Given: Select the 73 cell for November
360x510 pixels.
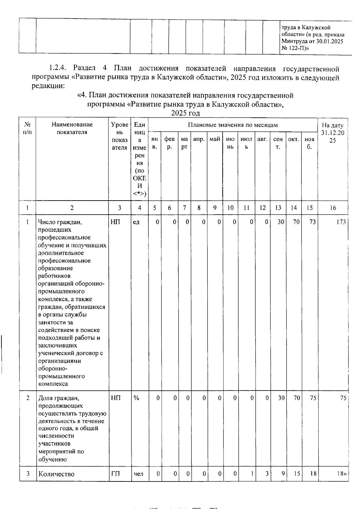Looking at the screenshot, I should tap(312, 222).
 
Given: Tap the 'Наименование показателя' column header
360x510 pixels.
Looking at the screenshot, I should tap(72, 128).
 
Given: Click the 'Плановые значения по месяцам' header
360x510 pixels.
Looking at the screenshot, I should tap(233, 125).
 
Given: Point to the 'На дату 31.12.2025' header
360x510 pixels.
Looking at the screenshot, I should tap(333, 133).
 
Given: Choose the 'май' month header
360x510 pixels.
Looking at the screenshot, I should tap(215, 139).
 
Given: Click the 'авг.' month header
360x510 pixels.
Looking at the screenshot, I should tap(262, 139).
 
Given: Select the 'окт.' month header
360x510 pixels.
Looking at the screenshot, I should tap(293, 139).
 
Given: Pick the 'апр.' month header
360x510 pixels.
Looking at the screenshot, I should tap(199, 139).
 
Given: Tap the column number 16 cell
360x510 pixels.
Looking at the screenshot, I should tap(333, 208).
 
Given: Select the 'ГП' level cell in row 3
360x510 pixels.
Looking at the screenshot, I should tap(115, 474).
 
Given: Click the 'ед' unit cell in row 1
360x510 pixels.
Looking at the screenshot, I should tap(136, 222).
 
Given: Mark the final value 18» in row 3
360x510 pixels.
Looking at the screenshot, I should tap(341, 474).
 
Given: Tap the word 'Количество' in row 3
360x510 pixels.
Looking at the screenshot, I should tap(56, 474).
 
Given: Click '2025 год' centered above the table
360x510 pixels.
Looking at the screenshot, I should tap(185, 113).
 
